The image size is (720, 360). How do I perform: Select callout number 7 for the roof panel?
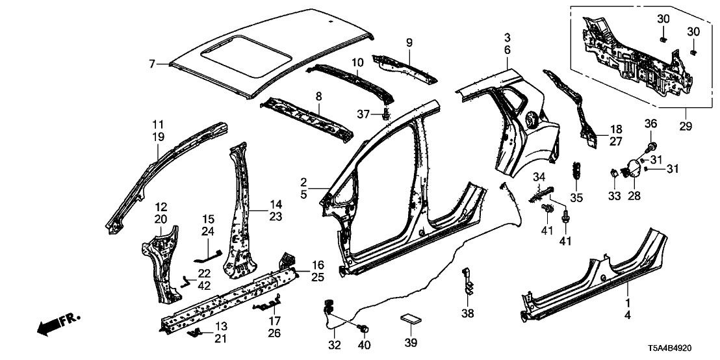pyautogui.click(x=151, y=64)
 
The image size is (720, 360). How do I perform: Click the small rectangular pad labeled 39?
pyautogui.click(x=410, y=318)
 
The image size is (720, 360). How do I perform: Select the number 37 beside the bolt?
pyautogui.click(x=365, y=115)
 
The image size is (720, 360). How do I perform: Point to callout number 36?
pyautogui.click(x=652, y=124)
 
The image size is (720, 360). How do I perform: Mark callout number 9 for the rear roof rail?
pyautogui.click(x=409, y=42)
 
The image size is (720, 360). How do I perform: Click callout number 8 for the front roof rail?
pyautogui.click(x=318, y=97)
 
